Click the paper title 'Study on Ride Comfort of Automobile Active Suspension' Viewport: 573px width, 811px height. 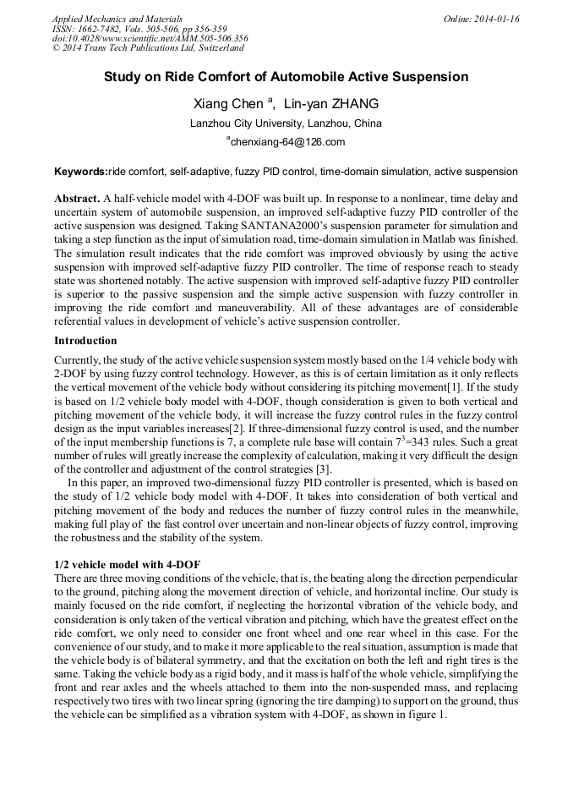tap(286, 77)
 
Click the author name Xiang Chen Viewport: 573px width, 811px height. tap(228, 104)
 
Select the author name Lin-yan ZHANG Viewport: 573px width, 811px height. tap(330, 104)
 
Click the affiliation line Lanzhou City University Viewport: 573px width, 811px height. tap(286, 123)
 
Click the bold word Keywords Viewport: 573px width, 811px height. tap(80, 172)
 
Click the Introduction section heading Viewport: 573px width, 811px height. tap(85, 341)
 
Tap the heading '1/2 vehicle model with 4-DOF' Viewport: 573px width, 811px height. tap(127, 564)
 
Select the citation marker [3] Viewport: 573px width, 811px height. tap(323, 469)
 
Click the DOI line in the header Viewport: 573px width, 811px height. tap(150, 38)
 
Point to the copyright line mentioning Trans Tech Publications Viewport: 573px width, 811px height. tap(148, 48)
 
